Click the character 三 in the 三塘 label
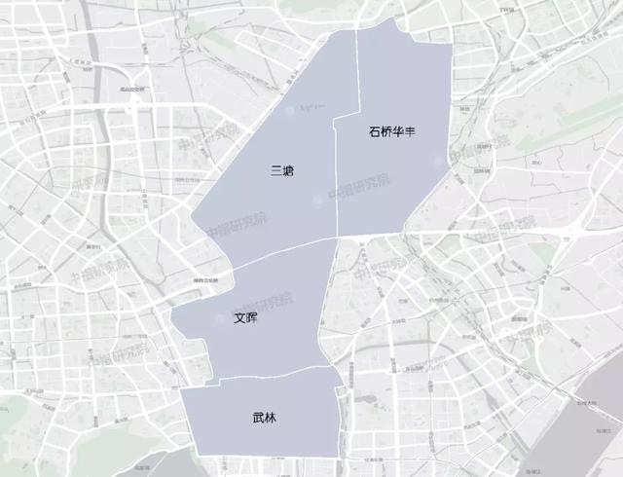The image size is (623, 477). tap(276, 170)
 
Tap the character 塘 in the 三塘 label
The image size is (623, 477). tap(288, 170)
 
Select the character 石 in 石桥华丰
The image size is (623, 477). tap(375, 131)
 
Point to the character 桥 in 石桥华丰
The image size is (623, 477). tap(386, 131)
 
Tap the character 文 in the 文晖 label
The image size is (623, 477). tap(239, 317)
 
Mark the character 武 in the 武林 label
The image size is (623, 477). tap(257, 419)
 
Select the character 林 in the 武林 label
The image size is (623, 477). tap(270, 419)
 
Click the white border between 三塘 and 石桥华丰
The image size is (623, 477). tap(337, 175)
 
